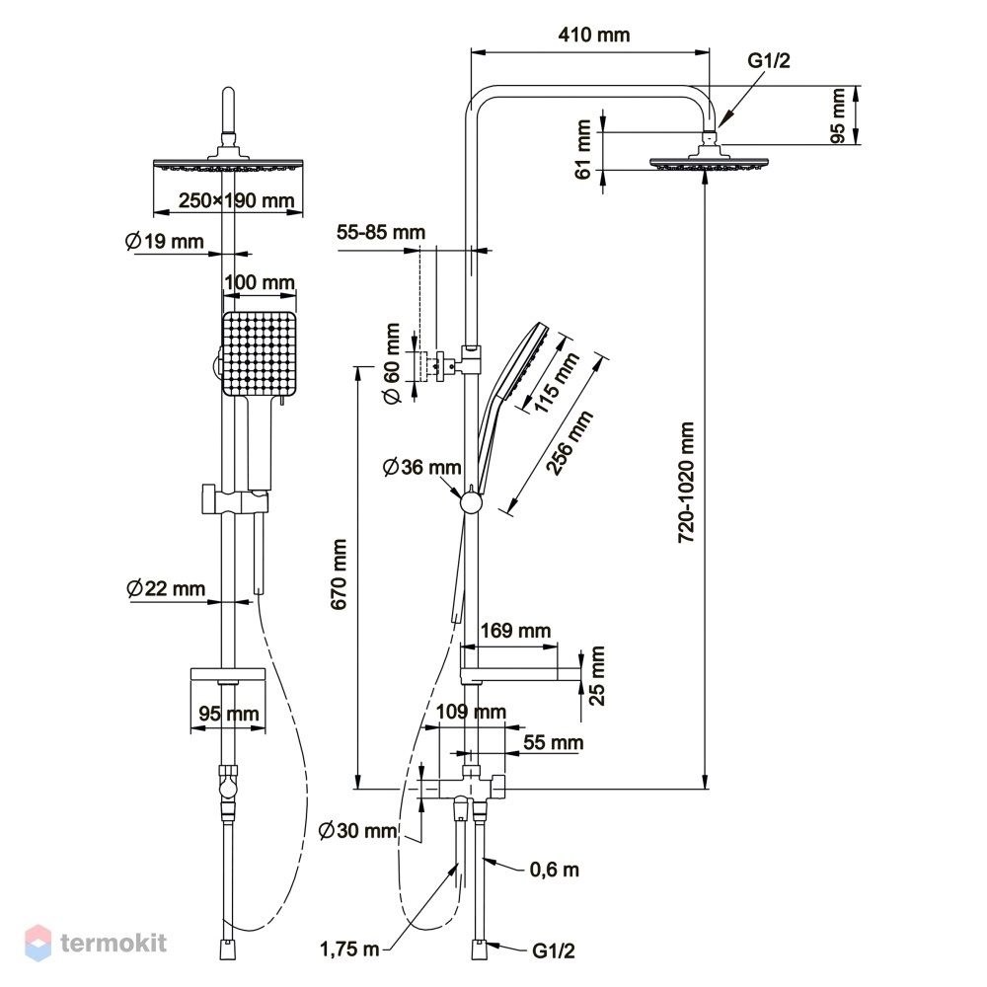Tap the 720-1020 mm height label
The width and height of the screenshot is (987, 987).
coord(686,483)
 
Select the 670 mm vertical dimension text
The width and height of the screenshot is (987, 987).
coord(340,574)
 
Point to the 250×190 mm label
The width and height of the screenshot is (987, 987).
coord(237,200)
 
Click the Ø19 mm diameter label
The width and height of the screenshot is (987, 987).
coord(165,241)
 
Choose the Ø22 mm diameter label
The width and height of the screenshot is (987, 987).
coord(166,588)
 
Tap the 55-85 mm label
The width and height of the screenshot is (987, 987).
coord(381,232)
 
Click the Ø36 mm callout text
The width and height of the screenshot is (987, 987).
coord(422,467)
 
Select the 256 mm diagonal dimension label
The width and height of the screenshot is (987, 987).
coord(569,442)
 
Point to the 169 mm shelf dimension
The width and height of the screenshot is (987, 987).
coord(515,630)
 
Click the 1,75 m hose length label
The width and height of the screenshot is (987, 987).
coord(350,949)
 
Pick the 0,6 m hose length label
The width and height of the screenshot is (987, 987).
coord(554,870)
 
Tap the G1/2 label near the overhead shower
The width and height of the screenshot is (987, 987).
coord(769,60)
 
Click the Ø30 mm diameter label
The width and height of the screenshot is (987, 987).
coord(357,830)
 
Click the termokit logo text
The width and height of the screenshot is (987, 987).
coord(114,943)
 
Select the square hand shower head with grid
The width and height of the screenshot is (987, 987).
coord(259,353)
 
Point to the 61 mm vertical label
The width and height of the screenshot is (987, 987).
coord(583,150)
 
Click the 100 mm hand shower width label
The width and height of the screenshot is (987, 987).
coord(260,282)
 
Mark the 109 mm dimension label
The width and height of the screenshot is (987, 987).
coord(471,712)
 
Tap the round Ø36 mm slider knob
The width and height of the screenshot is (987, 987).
coord(471,503)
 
